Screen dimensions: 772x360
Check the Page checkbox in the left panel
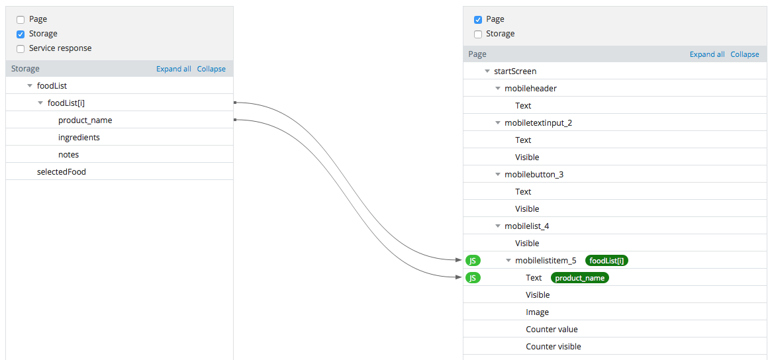pyautogui.click(x=20, y=20)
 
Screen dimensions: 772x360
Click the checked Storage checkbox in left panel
pyautogui.click(x=20, y=34)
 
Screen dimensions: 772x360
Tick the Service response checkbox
pyautogui.click(x=20, y=49)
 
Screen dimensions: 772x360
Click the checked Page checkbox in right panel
pyautogui.click(x=477, y=20)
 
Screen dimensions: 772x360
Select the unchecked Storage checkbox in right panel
pyautogui.click(x=477, y=34)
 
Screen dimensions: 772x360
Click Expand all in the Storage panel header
pyautogui.click(x=173, y=69)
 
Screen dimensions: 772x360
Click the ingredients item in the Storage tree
pyautogui.click(x=79, y=137)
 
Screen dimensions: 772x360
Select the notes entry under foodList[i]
pyautogui.click(x=68, y=154)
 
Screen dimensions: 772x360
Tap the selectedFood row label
pyautogui.click(x=62, y=171)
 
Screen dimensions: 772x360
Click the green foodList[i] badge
pyautogui.click(x=606, y=261)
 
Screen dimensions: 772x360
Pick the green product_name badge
pyautogui.click(x=580, y=278)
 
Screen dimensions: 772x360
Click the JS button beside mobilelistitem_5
pyautogui.click(x=473, y=261)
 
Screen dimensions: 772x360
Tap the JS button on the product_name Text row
pyautogui.click(x=473, y=278)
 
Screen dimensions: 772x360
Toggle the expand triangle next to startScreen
pyautogui.click(x=487, y=71)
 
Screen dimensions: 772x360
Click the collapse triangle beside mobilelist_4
pyautogui.click(x=498, y=226)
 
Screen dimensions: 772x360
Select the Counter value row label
pyautogui.click(x=552, y=329)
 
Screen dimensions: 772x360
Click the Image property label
pyautogui.click(x=537, y=312)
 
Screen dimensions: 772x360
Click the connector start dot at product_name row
pyautogui.click(x=235, y=120)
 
